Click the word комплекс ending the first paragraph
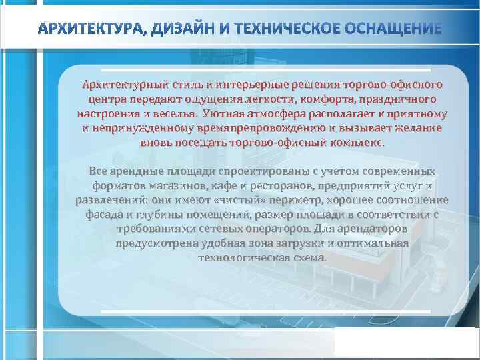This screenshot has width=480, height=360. [x=354, y=143]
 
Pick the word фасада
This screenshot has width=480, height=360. [x=105, y=215]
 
